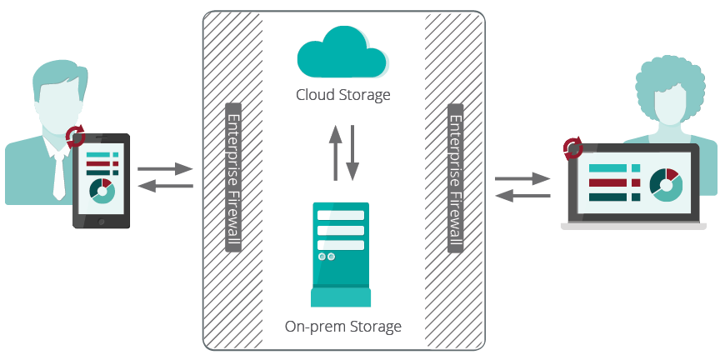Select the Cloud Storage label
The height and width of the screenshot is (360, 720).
342,95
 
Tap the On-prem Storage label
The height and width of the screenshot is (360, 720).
342,326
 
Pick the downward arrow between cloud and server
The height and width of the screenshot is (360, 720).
352,153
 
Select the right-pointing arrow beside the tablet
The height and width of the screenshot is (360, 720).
165,169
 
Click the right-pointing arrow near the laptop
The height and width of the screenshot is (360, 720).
522,178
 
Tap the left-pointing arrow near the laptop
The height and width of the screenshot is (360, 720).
522,195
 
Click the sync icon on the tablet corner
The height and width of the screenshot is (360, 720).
76,135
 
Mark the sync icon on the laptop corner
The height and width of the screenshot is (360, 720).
572,148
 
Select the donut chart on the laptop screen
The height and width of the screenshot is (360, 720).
666,184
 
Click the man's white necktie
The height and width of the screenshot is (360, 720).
58,176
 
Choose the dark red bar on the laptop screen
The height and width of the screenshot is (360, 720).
612,182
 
